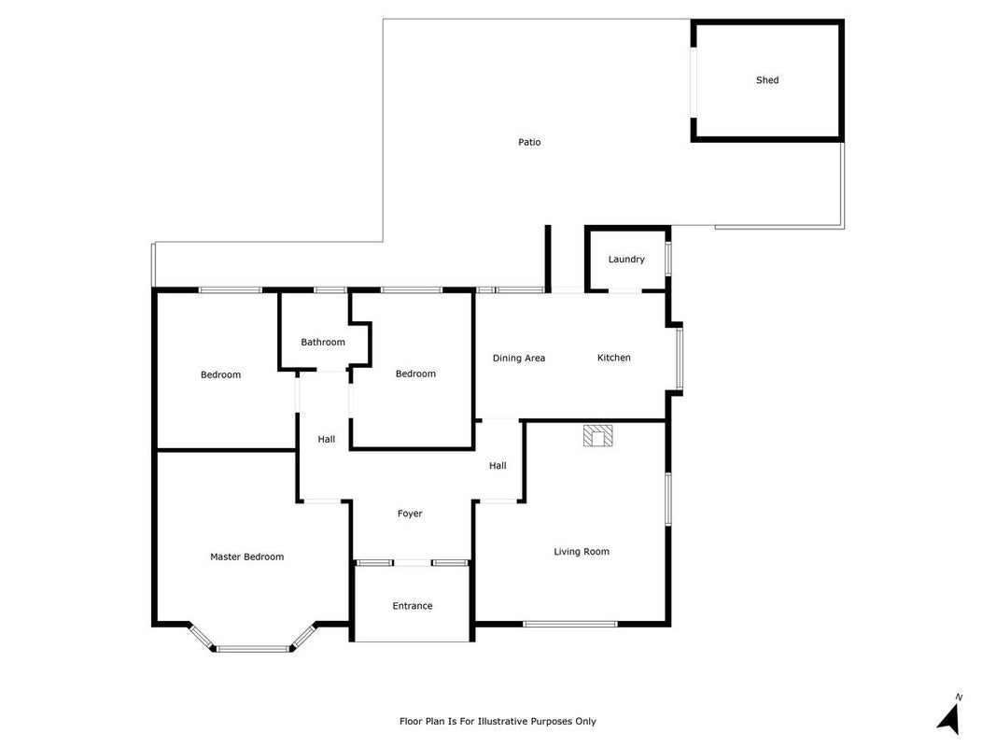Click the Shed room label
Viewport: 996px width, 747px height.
766,80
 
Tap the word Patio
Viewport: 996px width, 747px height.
529,142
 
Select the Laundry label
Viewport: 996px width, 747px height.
626,260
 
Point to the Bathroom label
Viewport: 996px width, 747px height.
323,342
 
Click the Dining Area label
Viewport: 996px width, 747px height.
518,359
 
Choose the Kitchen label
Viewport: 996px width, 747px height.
613,358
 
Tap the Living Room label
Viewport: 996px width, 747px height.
582,551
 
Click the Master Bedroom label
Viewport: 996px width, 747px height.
246,557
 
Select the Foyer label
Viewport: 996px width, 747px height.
410,514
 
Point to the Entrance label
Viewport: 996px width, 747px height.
413,605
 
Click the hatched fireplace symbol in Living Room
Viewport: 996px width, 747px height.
597,436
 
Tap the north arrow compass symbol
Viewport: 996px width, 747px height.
949,716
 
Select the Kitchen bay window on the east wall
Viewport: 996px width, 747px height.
679,358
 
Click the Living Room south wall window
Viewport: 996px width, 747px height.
569,624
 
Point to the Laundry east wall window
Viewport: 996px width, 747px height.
667,259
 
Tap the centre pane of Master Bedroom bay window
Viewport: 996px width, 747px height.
253,649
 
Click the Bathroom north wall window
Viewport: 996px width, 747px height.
330,290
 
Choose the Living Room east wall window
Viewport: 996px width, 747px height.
667,499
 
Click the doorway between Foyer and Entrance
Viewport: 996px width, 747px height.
413,563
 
